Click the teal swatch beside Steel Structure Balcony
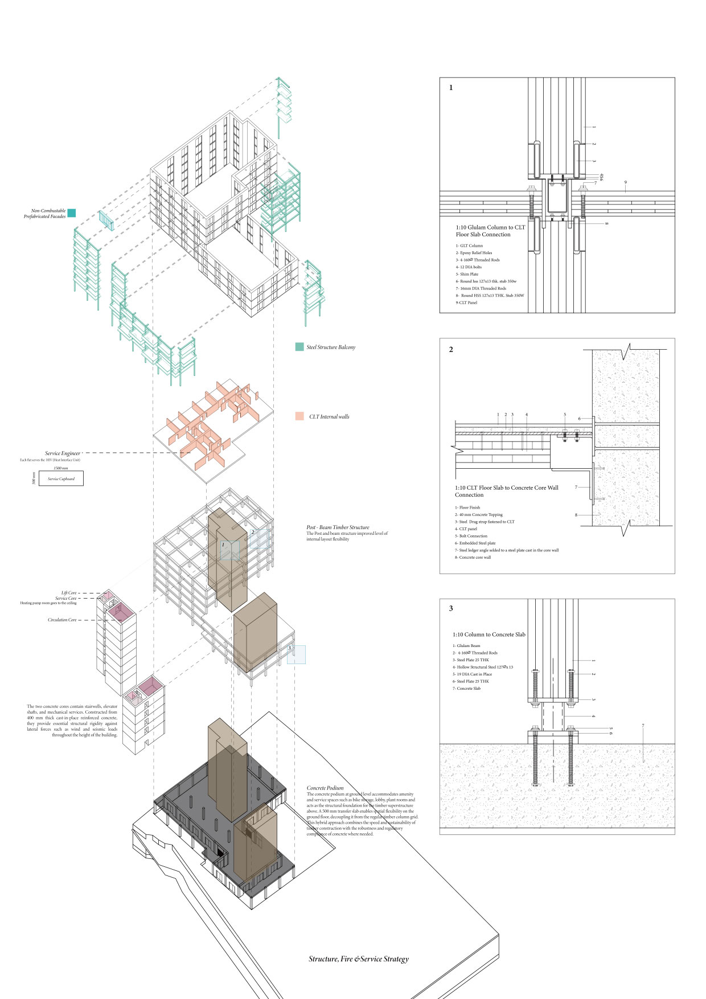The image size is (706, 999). coord(299,347)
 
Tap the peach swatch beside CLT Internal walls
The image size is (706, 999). coord(299,416)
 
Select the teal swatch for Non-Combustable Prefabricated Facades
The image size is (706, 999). coord(72,213)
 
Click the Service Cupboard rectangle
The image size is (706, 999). coord(61,478)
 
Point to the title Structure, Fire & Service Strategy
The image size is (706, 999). coord(359,959)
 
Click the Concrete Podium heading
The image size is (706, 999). coord(325,788)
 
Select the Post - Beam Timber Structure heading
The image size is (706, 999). coord(338,527)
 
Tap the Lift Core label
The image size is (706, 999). coord(69,593)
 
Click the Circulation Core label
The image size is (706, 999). coord(62,620)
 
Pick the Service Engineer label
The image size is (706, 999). coord(63,453)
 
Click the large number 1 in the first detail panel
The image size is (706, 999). coord(451,88)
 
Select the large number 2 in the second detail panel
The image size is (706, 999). coord(451,350)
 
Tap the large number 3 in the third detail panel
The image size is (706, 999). coord(451,608)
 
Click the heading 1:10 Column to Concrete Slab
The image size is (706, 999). coord(489,634)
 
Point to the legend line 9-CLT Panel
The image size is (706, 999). coord(466,303)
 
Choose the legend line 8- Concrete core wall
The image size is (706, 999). coord(473,558)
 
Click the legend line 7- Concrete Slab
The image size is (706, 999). coord(467,689)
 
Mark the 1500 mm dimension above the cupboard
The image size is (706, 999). coord(61,468)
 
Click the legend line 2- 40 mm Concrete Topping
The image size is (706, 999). coord(479,515)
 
